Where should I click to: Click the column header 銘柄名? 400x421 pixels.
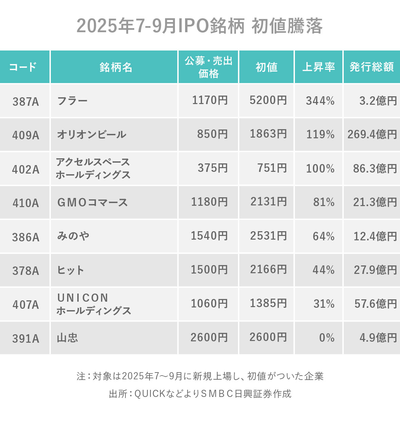coord(116,67)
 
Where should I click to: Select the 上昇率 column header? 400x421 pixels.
coord(318,67)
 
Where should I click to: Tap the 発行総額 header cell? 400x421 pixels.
coord(372,67)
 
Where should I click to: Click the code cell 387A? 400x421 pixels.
coord(26,101)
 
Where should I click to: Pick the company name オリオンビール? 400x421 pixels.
coord(92,135)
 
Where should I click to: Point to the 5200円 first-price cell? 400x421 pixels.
coord(268,100)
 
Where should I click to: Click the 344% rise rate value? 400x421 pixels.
coord(320,101)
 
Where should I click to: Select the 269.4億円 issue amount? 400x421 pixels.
coord(372,135)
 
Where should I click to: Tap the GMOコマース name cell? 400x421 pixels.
coord(93,202)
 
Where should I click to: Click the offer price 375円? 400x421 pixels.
coord(213,168)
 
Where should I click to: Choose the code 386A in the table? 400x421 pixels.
coord(26,237)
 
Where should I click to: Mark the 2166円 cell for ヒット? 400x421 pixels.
coord(268,270)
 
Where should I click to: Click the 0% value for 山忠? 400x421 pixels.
coord(326,338)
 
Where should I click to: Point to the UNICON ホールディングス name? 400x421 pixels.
coord(94,304)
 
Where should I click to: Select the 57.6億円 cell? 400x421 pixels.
coord(375,304)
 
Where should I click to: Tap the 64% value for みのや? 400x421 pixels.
coord(323,236)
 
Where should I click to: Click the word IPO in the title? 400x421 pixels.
coord(192,26)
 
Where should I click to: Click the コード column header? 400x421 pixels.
coord(23,67)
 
